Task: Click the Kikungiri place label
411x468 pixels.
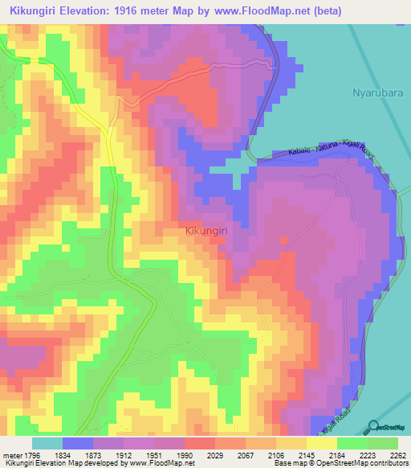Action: click(208, 231)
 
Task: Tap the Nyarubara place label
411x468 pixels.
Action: click(376, 93)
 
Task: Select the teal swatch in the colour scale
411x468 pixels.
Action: click(47, 444)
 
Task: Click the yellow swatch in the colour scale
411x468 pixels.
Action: click(321, 444)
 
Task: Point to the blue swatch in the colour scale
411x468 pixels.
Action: click(78, 444)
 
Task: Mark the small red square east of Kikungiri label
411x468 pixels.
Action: click(283, 239)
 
